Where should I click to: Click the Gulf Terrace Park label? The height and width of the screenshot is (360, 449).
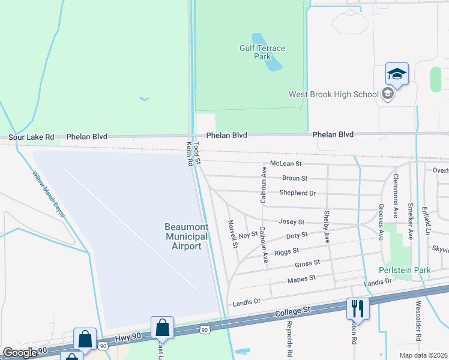(x=262, y=52)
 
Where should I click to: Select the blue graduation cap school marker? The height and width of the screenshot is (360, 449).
(x=397, y=74)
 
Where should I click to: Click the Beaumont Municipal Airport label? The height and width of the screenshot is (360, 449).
(x=187, y=236)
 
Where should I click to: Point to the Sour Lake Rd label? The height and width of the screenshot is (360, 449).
(x=31, y=137)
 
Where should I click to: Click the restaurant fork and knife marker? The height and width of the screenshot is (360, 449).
(x=357, y=308)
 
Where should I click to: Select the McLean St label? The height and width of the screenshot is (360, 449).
(x=286, y=163)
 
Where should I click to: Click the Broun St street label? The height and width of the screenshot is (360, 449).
(x=295, y=178)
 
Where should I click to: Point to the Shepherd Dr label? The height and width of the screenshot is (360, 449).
(x=297, y=193)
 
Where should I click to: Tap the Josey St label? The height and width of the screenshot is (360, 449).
(x=292, y=222)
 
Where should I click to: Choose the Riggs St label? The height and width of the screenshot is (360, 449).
(x=287, y=252)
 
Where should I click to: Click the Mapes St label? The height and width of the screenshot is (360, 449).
(x=301, y=279)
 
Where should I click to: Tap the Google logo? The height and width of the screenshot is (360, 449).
(x=20, y=352)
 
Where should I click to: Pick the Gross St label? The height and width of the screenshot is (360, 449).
(x=307, y=263)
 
